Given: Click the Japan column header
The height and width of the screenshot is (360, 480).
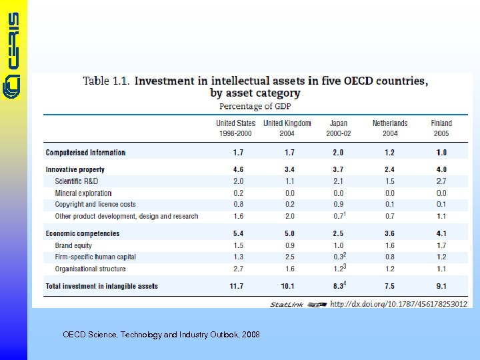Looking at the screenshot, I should [x=338, y=128].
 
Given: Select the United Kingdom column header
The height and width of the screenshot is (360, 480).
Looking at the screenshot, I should [x=287, y=128].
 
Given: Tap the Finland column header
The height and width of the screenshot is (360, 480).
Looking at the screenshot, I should [x=441, y=128].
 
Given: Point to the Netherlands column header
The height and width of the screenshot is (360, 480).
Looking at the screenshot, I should [x=390, y=128].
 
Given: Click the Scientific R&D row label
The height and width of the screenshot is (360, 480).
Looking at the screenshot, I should [x=77, y=181].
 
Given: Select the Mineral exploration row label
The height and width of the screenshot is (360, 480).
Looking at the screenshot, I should [x=83, y=193].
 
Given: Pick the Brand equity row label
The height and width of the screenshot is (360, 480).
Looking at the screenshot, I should [x=73, y=245].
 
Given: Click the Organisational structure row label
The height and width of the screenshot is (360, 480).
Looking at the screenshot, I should [x=90, y=269].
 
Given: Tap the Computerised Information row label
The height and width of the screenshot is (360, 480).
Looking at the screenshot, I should [x=85, y=153].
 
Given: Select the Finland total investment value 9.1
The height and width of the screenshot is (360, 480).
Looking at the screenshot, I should [x=441, y=286].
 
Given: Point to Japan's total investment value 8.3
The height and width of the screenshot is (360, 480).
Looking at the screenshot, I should [x=338, y=286].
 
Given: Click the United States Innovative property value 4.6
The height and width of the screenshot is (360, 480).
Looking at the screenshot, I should [x=238, y=169].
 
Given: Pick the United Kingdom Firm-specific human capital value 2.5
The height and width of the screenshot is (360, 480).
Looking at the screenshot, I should [x=289, y=257].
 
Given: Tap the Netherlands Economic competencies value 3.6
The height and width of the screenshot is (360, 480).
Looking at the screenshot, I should [x=390, y=233].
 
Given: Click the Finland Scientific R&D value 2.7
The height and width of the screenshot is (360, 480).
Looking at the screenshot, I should [x=441, y=181].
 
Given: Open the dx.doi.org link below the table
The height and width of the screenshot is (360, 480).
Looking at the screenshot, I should [x=398, y=304].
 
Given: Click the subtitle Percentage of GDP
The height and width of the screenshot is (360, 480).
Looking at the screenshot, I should [x=255, y=107].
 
